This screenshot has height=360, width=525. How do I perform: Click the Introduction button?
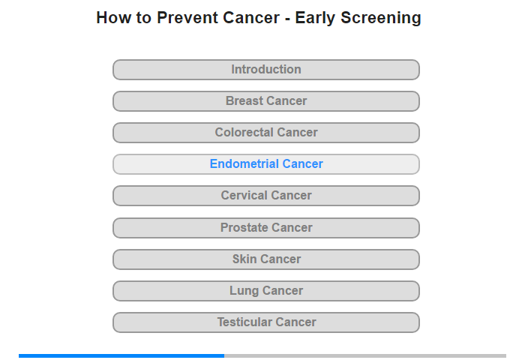pos(266,70)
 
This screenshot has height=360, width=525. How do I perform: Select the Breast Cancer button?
pos(266,101)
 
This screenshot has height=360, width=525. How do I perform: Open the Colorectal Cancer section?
pos(266,133)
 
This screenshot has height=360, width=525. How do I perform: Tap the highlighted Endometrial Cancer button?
pos(266,164)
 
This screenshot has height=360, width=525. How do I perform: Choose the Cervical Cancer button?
pos(266,196)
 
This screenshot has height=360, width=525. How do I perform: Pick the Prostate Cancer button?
pos(266,228)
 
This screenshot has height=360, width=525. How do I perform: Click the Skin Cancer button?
pos(266,259)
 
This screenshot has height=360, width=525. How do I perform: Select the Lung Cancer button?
pos(266,291)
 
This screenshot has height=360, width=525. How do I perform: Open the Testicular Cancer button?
pos(266,322)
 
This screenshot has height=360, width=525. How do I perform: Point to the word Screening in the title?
pos(381,18)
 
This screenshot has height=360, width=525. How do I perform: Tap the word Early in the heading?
pos(315,18)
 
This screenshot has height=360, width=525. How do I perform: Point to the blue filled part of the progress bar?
pos(121,355)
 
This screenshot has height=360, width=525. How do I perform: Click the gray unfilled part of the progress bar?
pos(365,355)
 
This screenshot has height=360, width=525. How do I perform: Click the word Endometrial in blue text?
pos(244,163)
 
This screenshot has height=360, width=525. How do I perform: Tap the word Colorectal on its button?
pos(244,132)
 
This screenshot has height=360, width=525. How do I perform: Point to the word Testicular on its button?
pos(244,322)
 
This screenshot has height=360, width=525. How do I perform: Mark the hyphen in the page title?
pos(287,19)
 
